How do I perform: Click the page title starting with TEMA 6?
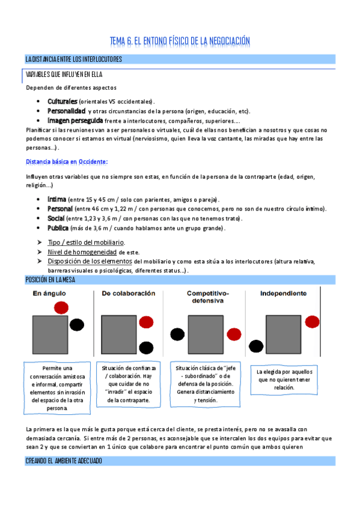(x=180, y=41)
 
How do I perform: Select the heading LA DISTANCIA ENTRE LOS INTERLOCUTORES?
(x=74, y=59)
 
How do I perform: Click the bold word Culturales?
(x=63, y=101)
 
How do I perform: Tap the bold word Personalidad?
(x=66, y=111)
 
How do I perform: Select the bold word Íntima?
(x=56, y=199)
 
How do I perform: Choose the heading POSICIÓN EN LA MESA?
(x=55, y=280)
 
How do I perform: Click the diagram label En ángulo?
(x=49, y=293)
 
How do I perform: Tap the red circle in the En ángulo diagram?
(x=61, y=308)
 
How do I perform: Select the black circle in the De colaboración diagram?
(x=146, y=347)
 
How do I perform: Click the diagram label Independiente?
(x=283, y=293)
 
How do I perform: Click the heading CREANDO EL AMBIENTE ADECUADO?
(x=64, y=461)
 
